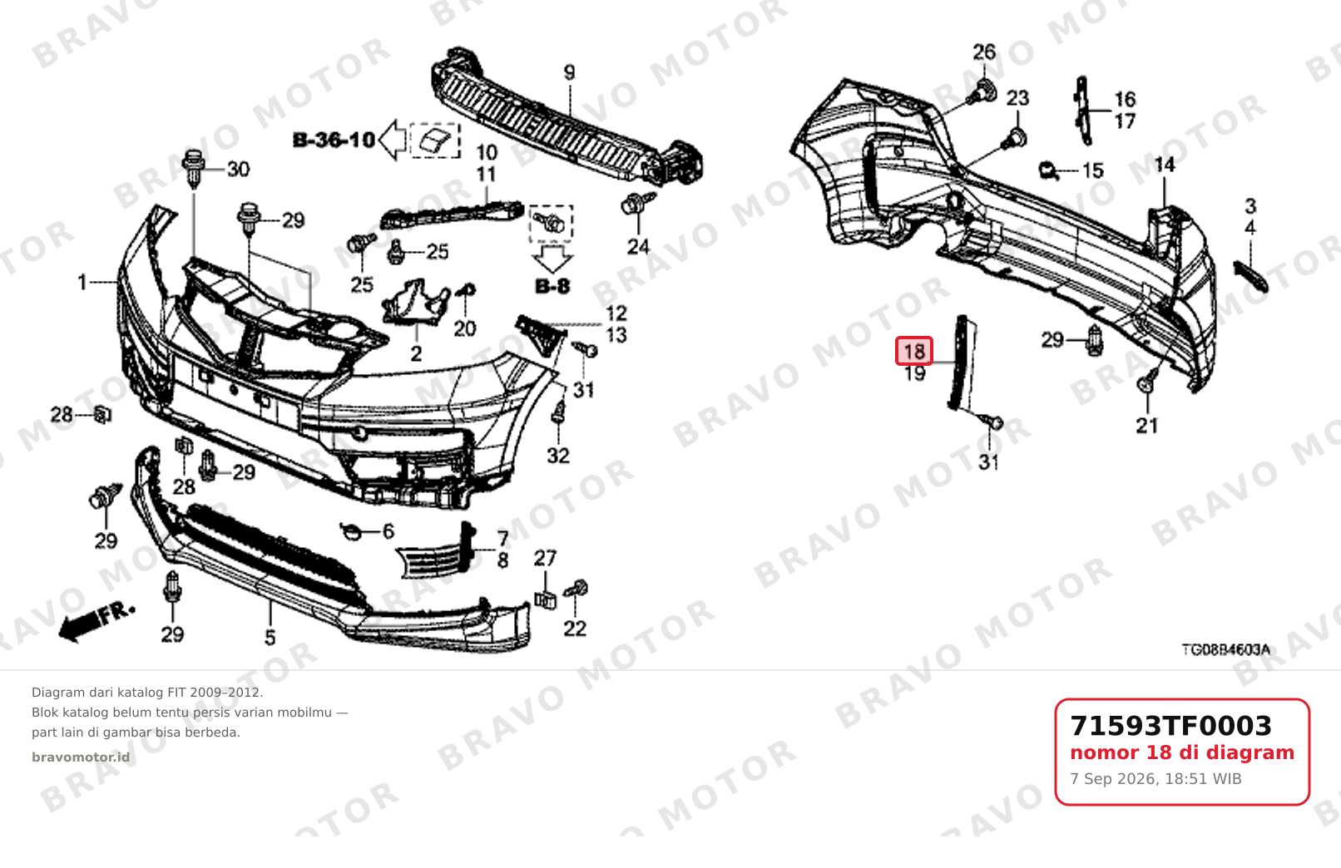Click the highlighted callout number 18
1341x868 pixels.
tap(914, 351)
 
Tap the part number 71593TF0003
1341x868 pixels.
tap(1170, 726)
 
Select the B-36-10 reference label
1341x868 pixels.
tap(334, 140)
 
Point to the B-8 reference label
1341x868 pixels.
tap(552, 286)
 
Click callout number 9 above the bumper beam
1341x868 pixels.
tap(569, 72)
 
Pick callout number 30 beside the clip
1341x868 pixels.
tap(238, 170)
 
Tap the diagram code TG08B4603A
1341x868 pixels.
tap(1225, 649)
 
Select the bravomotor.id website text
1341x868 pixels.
tap(81, 757)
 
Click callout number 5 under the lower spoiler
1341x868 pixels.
tap(270, 638)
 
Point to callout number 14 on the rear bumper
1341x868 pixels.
tap(1165, 165)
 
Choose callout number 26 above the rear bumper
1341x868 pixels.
tap(984, 52)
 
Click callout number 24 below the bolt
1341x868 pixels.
tap(638, 246)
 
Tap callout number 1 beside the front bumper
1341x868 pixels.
tap(82, 283)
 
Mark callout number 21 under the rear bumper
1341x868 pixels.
tap(1147, 426)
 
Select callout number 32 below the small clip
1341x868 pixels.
tap(558, 456)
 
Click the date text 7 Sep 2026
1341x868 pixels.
tap(1110, 779)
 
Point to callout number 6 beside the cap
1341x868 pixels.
tap(388, 531)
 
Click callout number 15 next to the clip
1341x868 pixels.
tap(1093, 171)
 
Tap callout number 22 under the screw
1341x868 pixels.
tap(575, 629)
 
